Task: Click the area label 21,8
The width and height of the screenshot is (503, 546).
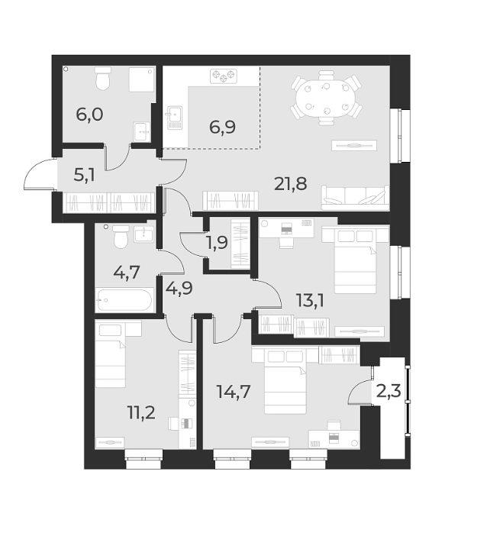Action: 292,183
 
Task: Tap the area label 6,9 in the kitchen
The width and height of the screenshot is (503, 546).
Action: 222,127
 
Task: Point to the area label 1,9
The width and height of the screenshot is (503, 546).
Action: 218,243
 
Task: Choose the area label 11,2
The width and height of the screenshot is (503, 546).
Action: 142,413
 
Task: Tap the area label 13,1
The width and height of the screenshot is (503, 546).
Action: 311,299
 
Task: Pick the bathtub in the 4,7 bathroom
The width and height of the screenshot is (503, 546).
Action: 125,300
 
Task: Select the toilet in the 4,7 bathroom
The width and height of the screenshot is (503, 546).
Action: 118,238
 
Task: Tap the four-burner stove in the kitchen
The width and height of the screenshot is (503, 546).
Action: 224,75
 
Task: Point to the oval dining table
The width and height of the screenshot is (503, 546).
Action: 325,99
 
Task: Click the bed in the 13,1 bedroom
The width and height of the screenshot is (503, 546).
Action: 350,259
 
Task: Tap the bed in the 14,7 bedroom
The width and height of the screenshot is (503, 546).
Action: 285,388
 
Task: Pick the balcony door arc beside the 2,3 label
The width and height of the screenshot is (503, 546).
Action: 358,394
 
